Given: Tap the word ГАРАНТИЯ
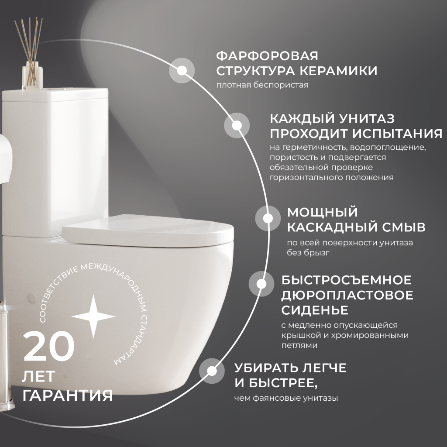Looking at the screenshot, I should pos(68,395).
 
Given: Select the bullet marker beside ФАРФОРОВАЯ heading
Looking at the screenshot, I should pos(182,70).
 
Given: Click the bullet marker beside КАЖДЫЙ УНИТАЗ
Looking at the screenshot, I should pos(237,126).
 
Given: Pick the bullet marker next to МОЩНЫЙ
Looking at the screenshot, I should pos(268,218).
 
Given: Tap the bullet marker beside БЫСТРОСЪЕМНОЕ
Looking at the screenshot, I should pos(261,284).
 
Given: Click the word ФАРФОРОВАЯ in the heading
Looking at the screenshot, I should pos(268,56).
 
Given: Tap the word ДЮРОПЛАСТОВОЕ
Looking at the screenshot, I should pos(347,295).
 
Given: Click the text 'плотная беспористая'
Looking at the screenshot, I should pos(262,85).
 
